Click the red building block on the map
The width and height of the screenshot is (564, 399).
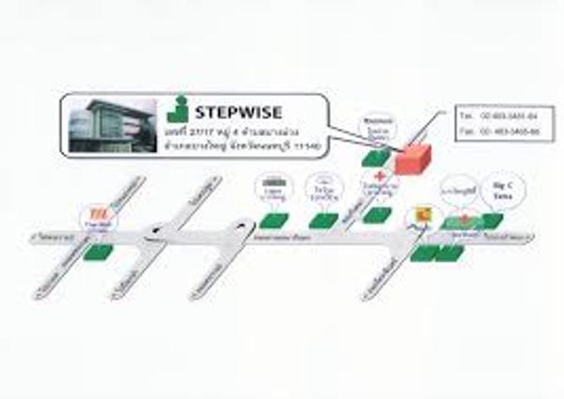(x=411, y=160)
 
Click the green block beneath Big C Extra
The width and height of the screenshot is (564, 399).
(x=492, y=220)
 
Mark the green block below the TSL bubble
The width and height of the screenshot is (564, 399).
(x=98, y=251)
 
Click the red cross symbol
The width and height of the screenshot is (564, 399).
(x=379, y=176)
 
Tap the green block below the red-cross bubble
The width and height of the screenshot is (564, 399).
(x=377, y=215)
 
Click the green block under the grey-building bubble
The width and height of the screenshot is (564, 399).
(x=274, y=220)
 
